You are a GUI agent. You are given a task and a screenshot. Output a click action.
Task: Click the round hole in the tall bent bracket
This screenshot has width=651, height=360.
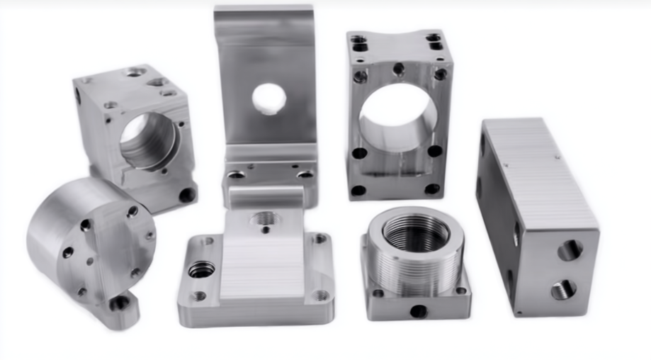tap(268, 99)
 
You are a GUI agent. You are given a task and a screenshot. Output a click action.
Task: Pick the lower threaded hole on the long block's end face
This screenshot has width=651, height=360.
tap(564, 289)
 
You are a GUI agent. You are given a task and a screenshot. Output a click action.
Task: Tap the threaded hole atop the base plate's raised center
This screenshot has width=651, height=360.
tap(266, 220)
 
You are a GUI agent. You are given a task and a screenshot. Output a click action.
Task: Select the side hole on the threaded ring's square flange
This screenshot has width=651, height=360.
tap(418, 310)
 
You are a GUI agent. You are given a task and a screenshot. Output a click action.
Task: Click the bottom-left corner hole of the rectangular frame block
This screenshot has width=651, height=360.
tap(359, 190)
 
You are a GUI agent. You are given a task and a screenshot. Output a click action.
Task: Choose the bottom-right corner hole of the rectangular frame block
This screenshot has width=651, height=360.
tap(431, 189)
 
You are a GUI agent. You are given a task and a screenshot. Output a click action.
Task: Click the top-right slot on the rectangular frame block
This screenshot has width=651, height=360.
tap(434, 41)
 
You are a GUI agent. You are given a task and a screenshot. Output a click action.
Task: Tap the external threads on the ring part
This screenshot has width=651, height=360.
tap(414, 273)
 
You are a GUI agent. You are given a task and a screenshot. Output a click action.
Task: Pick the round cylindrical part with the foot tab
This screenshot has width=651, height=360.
tap(89, 244)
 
